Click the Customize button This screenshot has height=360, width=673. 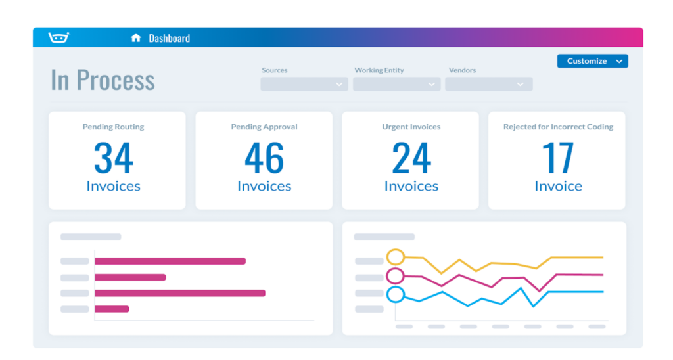tap(592, 61)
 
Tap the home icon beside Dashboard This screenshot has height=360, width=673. tap(136, 38)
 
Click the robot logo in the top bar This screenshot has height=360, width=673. tap(59, 37)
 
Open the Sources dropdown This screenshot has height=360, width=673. tap(304, 84)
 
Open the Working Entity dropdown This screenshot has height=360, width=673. tap(396, 84)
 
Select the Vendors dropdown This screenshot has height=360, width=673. tap(488, 84)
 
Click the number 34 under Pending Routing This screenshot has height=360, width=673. tap(113, 158)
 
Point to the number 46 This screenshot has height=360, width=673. tap(264, 158)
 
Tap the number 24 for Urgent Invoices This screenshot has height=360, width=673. tap(411, 158)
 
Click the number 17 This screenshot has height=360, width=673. tap(558, 158)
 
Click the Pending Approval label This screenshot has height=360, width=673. tap(264, 127)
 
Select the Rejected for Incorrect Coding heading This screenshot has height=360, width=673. tap(558, 127)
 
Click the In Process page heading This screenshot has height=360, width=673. tap(103, 80)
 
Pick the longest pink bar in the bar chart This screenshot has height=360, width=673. tap(179, 293)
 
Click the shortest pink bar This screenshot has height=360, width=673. tap(112, 309)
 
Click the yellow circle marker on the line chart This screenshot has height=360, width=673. tap(395, 256)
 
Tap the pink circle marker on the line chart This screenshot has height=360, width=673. tap(395, 275)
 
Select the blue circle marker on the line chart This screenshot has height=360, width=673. tap(395, 294)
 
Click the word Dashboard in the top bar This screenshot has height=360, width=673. tap(169, 38)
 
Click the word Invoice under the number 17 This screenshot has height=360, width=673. tap(558, 186)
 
